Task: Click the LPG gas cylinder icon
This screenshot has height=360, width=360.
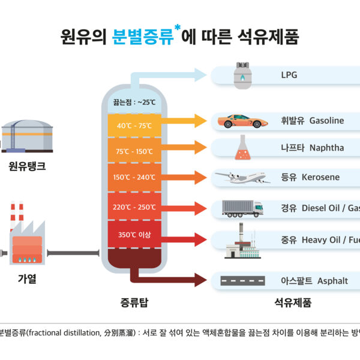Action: tap(242, 76)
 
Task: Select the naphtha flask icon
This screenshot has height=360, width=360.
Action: tap(242, 148)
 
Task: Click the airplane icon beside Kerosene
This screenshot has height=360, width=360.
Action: tap(241, 178)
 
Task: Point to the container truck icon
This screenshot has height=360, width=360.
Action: tap(242, 208)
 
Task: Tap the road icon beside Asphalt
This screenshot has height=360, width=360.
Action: tap(242, 280)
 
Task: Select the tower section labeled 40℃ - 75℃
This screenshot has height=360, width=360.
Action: tap(134, 125)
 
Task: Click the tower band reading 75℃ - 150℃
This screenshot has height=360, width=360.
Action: tap(134, 151)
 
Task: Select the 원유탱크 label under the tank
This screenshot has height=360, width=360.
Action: tap(28, 166)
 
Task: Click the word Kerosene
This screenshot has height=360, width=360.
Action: tap(320, 178)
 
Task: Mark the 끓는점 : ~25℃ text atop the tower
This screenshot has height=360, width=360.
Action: tap(134, 102)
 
